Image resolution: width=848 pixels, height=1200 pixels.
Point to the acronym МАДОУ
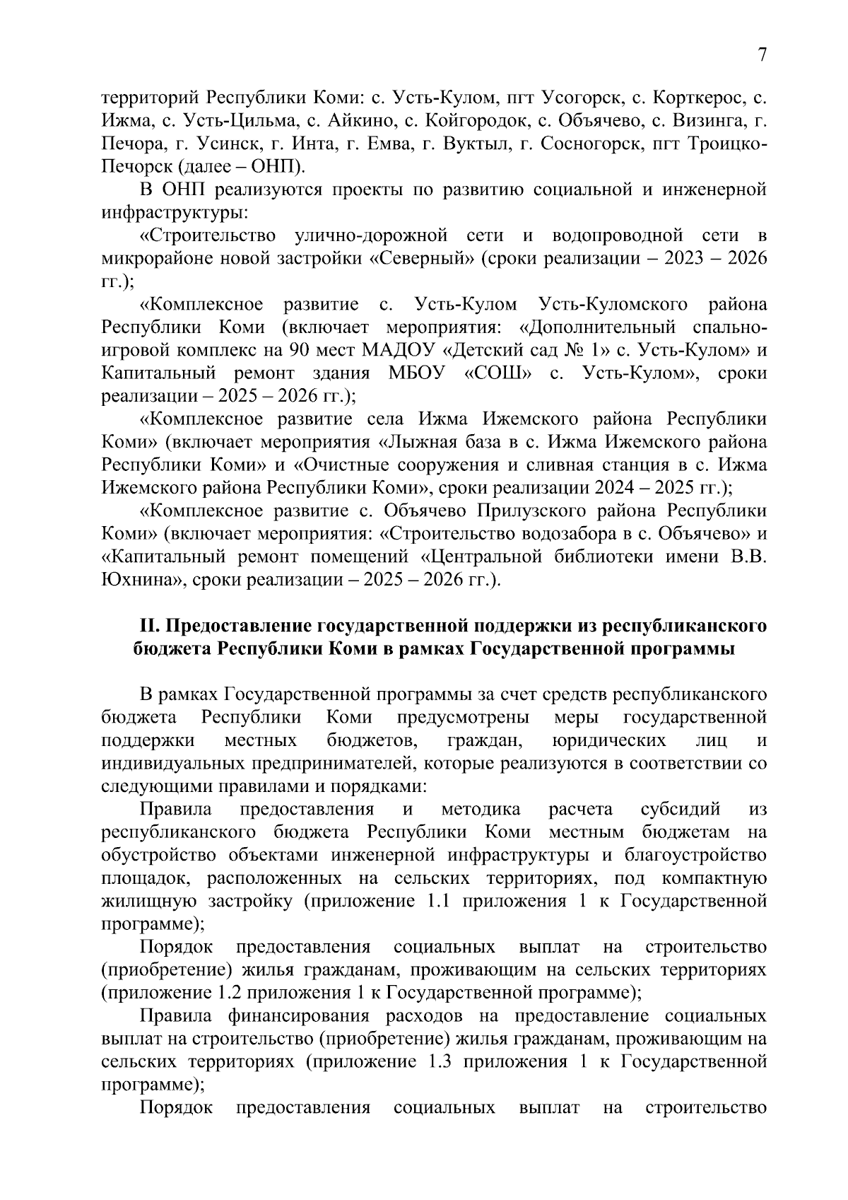tap(399, 350)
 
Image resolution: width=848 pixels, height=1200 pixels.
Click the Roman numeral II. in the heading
tap(146, 627)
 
